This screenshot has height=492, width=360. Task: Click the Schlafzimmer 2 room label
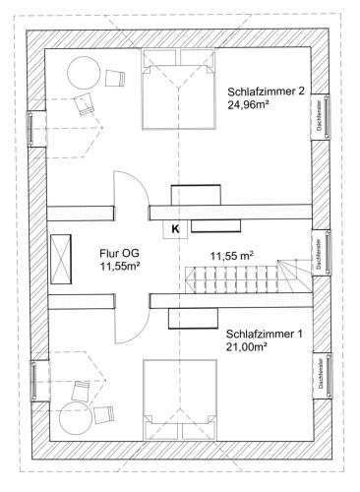[267, 92]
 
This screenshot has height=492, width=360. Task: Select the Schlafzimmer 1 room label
[265, 335]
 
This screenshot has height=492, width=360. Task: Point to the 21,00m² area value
[246, 347]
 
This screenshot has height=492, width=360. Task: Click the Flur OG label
[119, 253]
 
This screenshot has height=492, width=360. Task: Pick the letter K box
[176, 229]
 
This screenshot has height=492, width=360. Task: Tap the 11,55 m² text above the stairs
[232, 256]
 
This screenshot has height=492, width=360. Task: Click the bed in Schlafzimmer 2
[179, 89]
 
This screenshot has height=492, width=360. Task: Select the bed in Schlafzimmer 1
[180, 400]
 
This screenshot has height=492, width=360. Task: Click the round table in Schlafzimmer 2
[84, 73]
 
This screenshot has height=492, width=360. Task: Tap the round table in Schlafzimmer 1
[76, 418]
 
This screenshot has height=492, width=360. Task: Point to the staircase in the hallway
[248, 277]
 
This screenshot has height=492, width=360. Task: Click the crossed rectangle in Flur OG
[61, 259]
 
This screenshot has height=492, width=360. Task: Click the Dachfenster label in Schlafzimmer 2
[319, 116]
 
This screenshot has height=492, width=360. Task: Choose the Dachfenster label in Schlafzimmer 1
[321, 374]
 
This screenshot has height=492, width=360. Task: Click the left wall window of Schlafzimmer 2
[30, 128]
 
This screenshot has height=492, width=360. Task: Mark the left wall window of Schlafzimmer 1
[33, 381]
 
